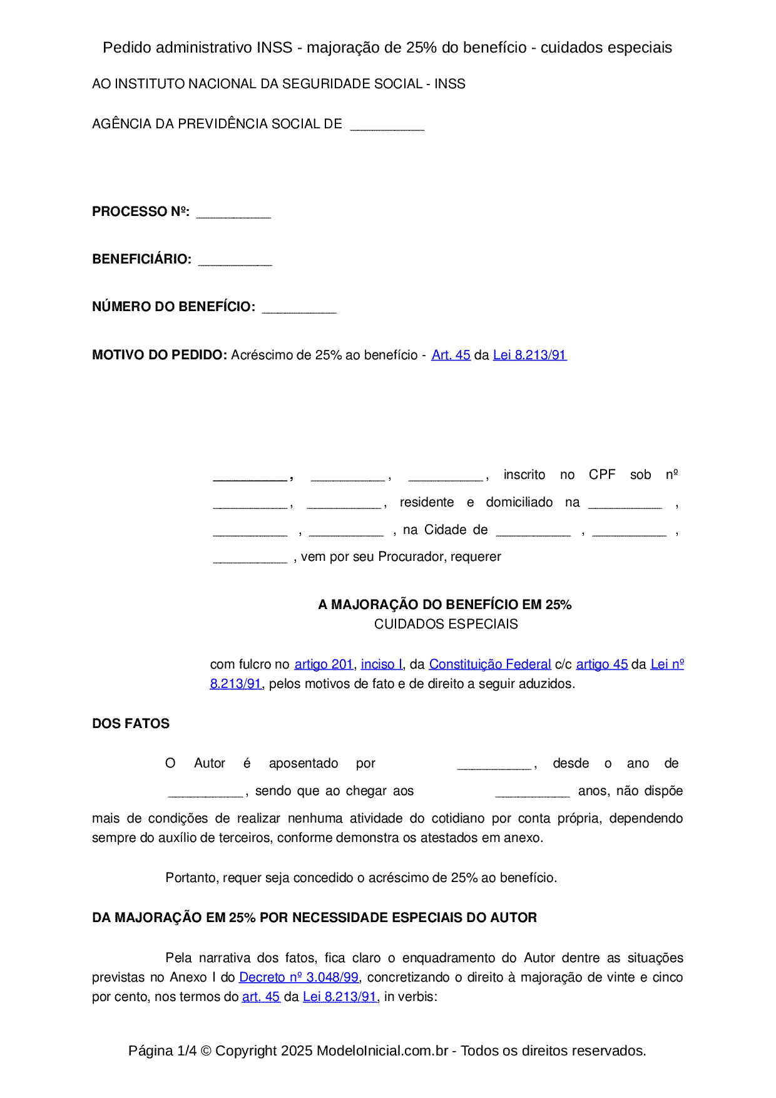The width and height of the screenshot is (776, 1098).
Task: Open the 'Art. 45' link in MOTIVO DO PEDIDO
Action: pos(451,355)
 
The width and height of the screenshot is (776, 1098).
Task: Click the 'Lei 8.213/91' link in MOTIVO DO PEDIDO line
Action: pos(529,355)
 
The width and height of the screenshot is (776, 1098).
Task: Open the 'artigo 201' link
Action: pos(324,664)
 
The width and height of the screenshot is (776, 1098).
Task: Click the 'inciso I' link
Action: pos(381,664)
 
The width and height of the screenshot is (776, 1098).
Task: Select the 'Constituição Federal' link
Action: pos(489,664)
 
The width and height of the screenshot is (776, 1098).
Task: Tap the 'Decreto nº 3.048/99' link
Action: pos(299,977)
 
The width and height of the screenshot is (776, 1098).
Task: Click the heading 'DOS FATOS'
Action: pos(131,724)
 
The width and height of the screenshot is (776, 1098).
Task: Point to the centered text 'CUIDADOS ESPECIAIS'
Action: pos(446,624)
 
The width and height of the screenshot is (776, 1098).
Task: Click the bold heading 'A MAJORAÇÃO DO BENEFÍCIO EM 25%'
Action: pos(444,605)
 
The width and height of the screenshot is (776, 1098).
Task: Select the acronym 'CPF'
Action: pos(602,475)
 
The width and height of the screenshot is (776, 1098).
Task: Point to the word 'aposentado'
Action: pos(304,763)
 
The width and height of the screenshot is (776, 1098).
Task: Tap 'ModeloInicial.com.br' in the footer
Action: pos(382,1050)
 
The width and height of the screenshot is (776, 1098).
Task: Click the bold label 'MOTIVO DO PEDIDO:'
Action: pos(159,355)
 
